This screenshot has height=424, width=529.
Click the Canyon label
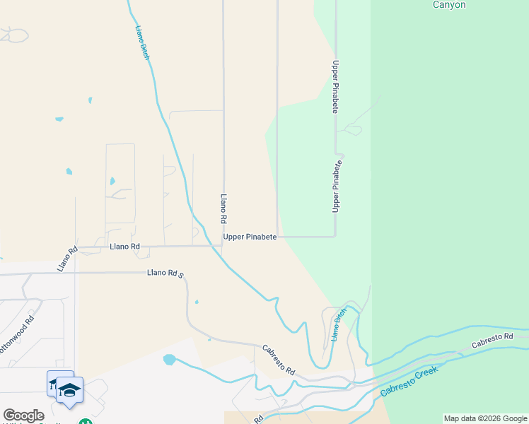tap(449, 5)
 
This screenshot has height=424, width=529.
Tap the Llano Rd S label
tap(165, 273)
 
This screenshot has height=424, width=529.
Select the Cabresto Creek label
tap(409, 381)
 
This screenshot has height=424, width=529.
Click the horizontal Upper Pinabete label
tap(250, 237)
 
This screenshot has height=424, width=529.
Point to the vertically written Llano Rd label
tap(223, 209)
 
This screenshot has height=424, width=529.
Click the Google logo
tap(23, 416)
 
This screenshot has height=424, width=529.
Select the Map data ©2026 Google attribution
tap(485, 418)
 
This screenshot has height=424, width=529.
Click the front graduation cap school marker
tap(70, 391)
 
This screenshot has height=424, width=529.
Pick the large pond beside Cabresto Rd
tap(169, 359)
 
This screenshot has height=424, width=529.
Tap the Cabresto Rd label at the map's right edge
tap(492, 338)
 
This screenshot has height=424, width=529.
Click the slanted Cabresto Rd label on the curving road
tap(278, 360)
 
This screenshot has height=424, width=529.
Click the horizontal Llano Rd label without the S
tap(125, 247)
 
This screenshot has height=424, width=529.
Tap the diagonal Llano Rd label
tap(67, 259)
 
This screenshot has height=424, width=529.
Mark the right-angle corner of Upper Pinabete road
tap(335, 236)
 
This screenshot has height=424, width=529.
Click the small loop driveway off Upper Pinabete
tap(351, 129)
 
